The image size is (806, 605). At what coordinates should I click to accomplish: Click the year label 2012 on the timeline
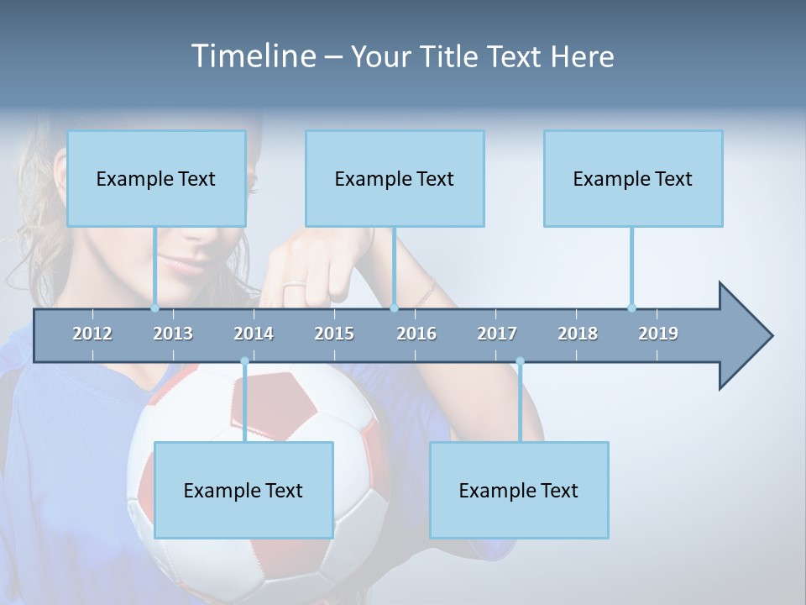pyautogui.click(x=92, y=334)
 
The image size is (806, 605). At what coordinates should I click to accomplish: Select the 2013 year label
pyautogui.click(x=173, y=334)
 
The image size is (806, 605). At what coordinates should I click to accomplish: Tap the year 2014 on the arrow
pyautogui.click(x=254, y=334)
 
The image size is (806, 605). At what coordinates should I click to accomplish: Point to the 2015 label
pyautogui.click(x=334, y=334)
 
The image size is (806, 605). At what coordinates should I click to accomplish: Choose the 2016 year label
pyautogui.click(x=416, y=334)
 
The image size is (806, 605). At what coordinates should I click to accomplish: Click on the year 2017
pyautogui.click(x=497, y=334)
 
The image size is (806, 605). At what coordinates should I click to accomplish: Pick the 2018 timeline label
pyautogui.click(x=578, y=334)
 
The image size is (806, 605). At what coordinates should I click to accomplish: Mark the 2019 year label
pyautogui.click(x=658, y=334)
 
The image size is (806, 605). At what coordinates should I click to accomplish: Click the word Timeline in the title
pyautogui.click(x=252, y=56)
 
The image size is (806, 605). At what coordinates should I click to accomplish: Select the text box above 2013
pyautogui.click(x=156, y=178)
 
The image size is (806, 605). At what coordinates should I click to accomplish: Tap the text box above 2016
pyautogui.click(x=395, y=178)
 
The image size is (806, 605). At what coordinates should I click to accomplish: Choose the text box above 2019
pyautogui.click(x=633, y=178)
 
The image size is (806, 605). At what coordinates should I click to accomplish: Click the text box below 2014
pyautogui.click(x=243, y=490)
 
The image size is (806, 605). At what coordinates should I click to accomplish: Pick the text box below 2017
pyautogui.click(x=519, y=490)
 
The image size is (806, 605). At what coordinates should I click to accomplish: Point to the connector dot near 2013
pyautogui.click(x=155, y=308)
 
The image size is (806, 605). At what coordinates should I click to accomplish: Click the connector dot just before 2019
pyautogui.click(x=631, y=308)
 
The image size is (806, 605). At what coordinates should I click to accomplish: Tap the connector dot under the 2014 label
pyautogui.click(x=244, y=361)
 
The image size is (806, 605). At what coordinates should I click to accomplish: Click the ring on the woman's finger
pyautogui.click(x=294, y=287)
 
